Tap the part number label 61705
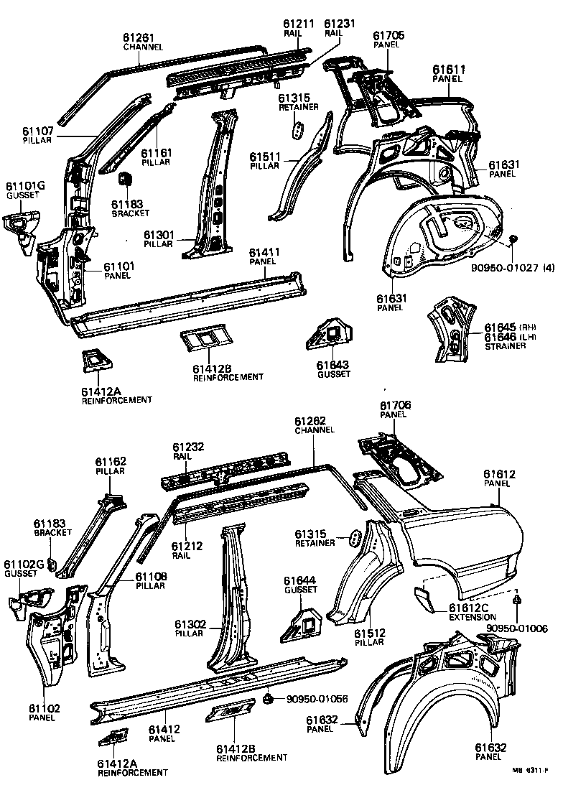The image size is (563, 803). coord(388,34)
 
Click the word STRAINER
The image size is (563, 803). coord(506,346)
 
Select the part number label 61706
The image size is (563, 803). coord(394,406)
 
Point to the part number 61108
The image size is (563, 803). coord(151,576)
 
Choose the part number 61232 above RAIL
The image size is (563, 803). coord(188,447)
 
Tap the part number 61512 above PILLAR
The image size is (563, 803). coord(371,633)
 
